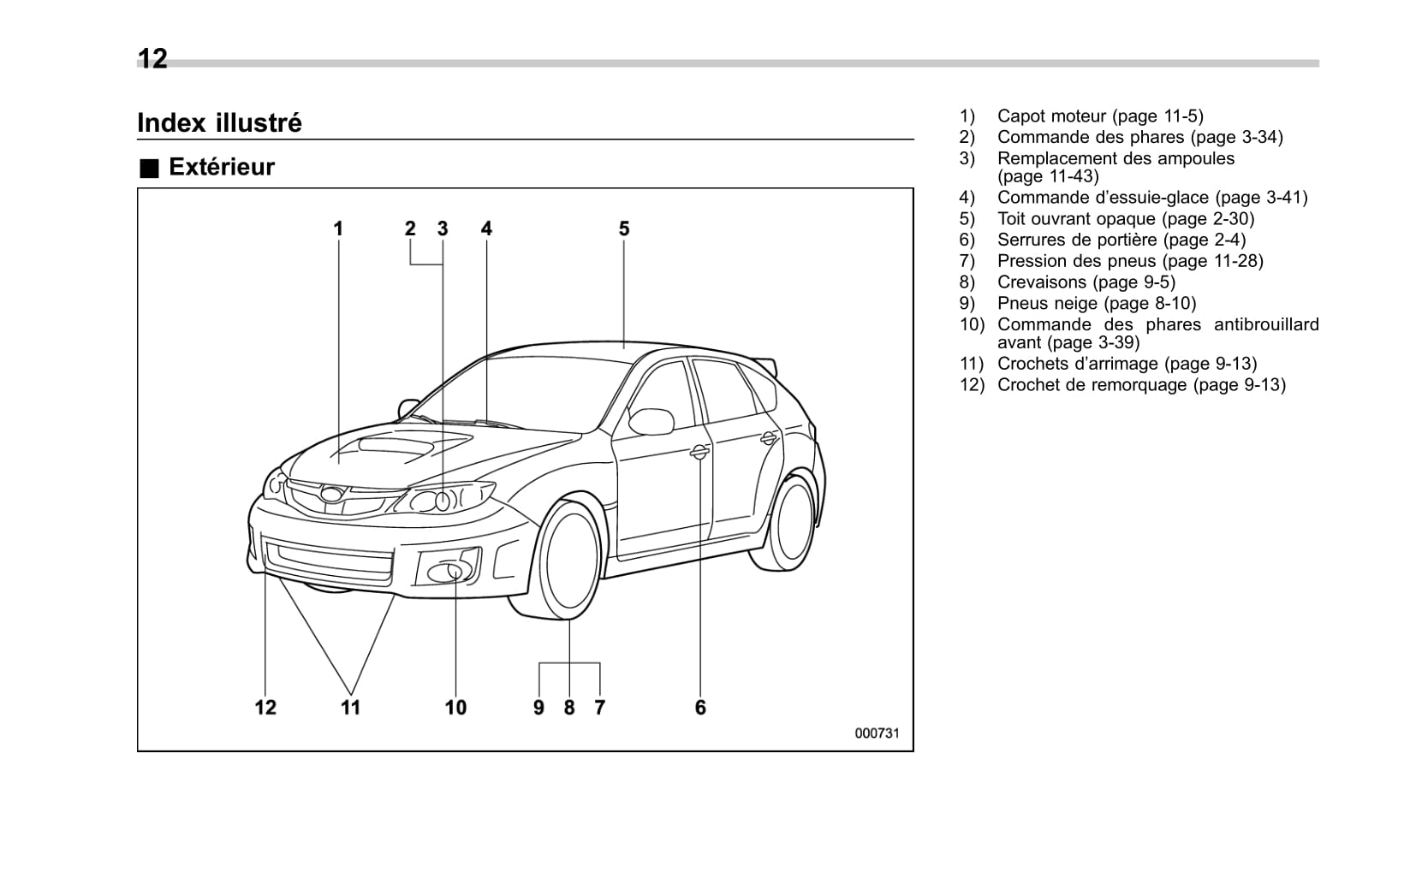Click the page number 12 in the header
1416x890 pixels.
(x=152, y=58)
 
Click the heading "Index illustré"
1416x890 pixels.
(x=219, y=123)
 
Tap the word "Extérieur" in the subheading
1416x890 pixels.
(x=222, y=167)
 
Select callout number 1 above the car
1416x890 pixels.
(x=338, y=228)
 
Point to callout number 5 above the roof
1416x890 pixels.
(x=624, y=228)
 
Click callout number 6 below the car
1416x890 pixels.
(x=700, y=707)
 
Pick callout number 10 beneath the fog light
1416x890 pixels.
(x=455, y=707)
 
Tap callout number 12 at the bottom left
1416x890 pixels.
(x=265, y=707)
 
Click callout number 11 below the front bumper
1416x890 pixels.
(x=350, y=707)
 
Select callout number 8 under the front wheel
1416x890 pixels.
(x=569, y=707)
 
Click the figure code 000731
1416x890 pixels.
(x=877, y=733)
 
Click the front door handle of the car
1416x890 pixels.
(x=699, y=452)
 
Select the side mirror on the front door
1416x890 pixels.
(x=652, y=420)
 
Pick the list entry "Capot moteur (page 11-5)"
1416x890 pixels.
(x=1100, y=116)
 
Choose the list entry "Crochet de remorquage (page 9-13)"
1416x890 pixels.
(x=1141, y=385)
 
